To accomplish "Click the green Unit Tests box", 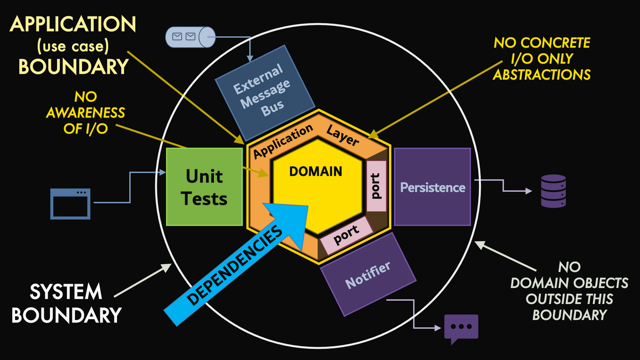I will [206, 187].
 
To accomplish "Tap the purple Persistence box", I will [432, 187].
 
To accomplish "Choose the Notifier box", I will [368, 274].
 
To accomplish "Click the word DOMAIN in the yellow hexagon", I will [316, 172].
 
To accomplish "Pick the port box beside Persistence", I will [376, 186].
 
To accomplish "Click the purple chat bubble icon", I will [461, 327].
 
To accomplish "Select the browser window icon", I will [70, 203].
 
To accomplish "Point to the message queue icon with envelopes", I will [190, 37].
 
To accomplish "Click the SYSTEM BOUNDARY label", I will [66, 303].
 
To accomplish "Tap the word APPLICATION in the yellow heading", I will [73, 24].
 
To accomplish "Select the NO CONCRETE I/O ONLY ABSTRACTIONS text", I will [542, 58].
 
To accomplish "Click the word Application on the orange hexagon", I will [283, 142].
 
